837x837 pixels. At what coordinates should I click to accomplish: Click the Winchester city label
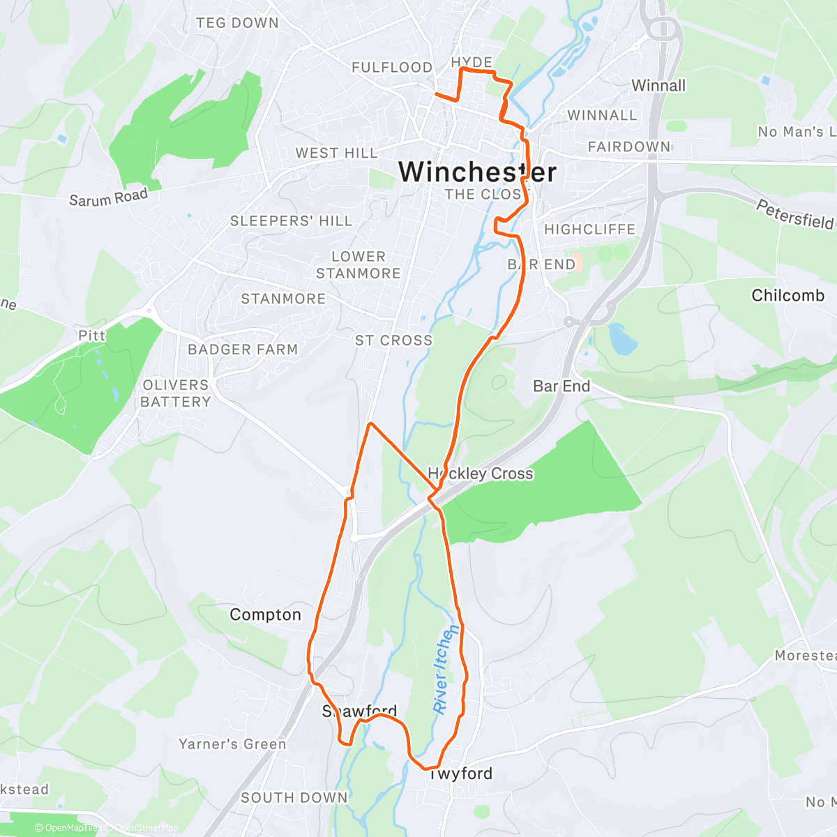point(477,172)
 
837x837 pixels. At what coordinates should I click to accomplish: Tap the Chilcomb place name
point(787,296)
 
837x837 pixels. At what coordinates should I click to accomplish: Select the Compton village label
point(265,614)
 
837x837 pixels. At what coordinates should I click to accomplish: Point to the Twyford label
point(460,774)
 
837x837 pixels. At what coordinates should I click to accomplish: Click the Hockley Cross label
point(481,474)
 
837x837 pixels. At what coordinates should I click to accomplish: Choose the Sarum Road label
point(108,197)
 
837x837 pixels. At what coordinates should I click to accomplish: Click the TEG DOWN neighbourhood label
point(237,23)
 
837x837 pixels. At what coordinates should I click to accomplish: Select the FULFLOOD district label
point(392,68)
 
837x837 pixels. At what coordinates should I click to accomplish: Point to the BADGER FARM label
point(243,349)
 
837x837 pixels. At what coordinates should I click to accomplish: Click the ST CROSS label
point(393,340)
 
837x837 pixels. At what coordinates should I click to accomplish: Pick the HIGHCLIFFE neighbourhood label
point(589,229)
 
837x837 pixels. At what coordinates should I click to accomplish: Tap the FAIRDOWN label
point(628,146)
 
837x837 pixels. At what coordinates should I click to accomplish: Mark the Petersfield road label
point(795,214)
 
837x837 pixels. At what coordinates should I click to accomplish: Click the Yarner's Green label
point(232,744)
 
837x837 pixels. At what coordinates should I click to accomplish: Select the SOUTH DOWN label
point(294,797)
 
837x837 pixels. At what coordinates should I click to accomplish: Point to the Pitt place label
point(91,335)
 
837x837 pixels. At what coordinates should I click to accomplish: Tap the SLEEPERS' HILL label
point(291,221)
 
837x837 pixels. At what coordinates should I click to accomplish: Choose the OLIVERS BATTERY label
point(176,393)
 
